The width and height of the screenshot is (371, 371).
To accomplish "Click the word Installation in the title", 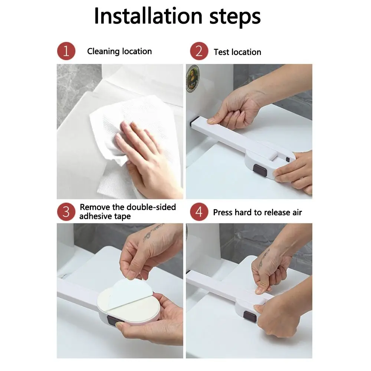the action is pos(148,16).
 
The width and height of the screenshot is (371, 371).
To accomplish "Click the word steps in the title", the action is pos(235,17).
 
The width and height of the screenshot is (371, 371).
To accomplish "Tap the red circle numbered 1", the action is pos(66,51).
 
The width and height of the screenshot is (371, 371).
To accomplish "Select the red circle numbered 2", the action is pos(199,51).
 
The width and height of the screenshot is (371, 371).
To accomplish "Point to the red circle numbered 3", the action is pos(66,212).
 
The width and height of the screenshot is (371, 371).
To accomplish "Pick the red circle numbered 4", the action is pos(199,212).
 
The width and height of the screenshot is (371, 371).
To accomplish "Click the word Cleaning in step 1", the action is pos(104,52).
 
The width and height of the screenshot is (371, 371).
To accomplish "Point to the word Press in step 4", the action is pos(223,213).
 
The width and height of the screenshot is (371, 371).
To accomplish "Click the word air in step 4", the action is pos(297,213).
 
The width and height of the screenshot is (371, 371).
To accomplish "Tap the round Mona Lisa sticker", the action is pos(193,78).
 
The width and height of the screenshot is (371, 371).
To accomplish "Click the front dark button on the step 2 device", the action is pos(260,170).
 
